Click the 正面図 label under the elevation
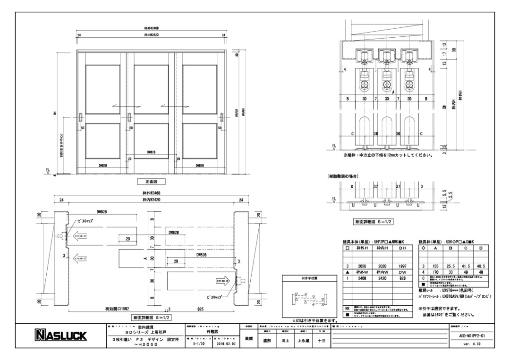click(x=148, y=181)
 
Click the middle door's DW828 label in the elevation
click(x=151, y=152)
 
